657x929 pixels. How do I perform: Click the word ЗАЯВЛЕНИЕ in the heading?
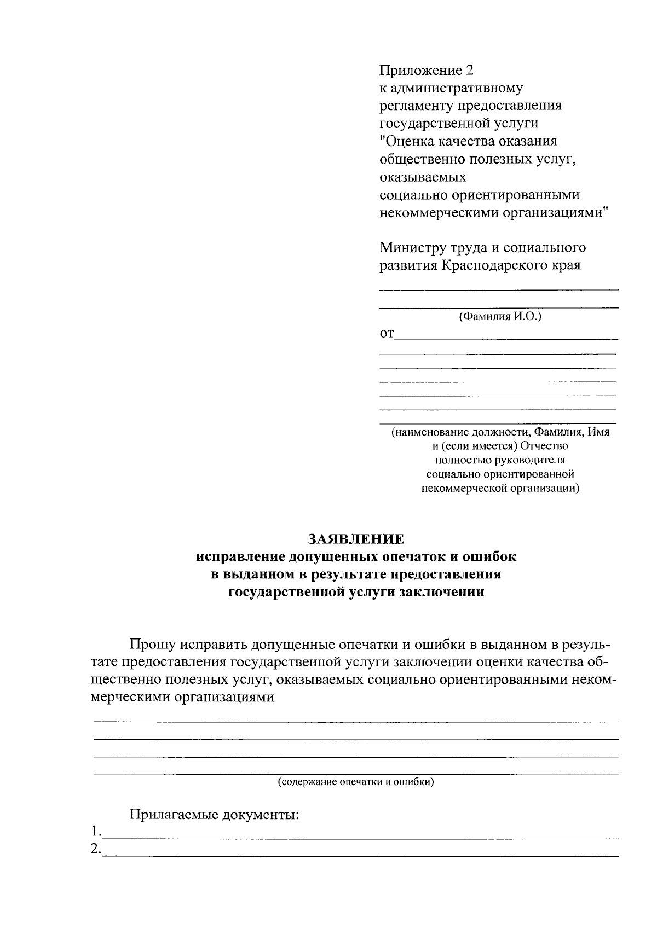click(x=356, y=539)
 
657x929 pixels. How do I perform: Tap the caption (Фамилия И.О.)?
click(x=500, y=316)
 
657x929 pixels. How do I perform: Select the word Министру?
click(x=413, y=248)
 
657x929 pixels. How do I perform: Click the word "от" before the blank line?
click(x=387, y=333)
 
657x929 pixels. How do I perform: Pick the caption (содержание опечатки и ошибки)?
click(x=356, y=782)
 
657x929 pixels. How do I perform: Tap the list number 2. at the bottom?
click(x=96, y=849)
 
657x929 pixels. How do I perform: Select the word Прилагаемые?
click(x=174, y=815)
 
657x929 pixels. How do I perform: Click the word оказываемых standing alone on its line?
click(x=423, y=177)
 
